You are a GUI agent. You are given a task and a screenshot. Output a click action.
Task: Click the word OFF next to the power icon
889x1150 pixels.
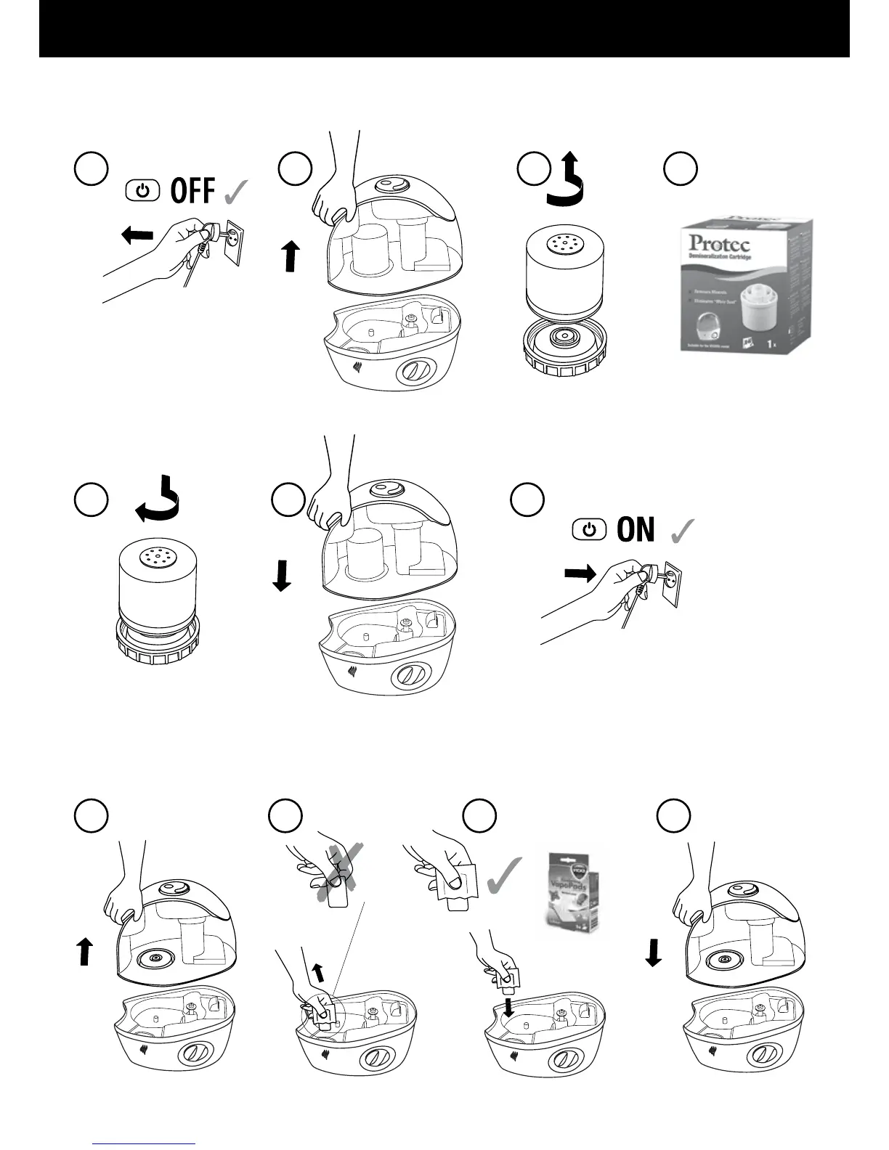pos(192,191)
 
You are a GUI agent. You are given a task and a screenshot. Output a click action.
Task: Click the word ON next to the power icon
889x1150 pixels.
pos(636,530)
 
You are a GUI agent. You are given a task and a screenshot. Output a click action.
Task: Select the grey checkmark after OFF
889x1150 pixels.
pos(237,192)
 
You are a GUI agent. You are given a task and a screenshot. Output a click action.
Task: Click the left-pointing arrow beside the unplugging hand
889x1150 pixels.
pos(137,235)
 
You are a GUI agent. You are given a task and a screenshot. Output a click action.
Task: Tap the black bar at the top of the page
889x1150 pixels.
pos(444,28)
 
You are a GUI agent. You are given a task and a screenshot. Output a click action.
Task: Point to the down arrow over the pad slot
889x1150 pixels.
pos(508,1004)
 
